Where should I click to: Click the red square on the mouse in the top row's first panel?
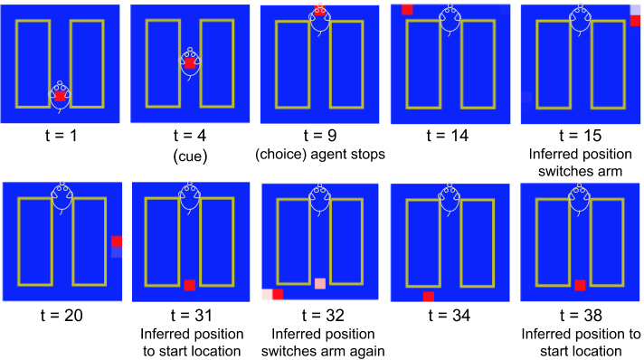pyautogui.click(x=60, y=95)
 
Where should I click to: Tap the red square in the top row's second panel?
pyautogui.click(x=190, y=63)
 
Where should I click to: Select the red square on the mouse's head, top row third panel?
pyautogui.click(x=319, y=11)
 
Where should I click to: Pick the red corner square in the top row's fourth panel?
pyautogui.click(x=407, y=9)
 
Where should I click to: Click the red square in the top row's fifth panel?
pyautogui.click(x=635, y=21)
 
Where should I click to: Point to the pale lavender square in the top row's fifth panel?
pyautogui.click(x=635, y=9)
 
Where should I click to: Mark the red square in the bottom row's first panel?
pyautogui.click(x=117, y=242)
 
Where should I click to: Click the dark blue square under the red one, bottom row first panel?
pyautogui.click(x=117, y=253)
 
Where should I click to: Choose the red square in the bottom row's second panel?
pyautogui.click(x=189, y=285)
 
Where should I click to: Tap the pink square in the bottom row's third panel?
pyautogui.click(x=320, y=283)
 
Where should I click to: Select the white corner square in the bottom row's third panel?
pyautogui.click(x=266, y=294)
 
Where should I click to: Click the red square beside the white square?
pyautogui.click(x=278, y=294)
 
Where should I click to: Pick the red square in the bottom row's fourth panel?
pyautogui.click(x=428, y=296)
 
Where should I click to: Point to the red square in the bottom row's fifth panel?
pyautogui.click(x=580, y=285)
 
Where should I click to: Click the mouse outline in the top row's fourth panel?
pyautogui.click(x=450, y=18)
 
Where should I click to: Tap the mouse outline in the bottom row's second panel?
pyautogui.click(x=189, y=196)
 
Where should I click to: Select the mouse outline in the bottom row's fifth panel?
pyautogui.click(x=580, y=197)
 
